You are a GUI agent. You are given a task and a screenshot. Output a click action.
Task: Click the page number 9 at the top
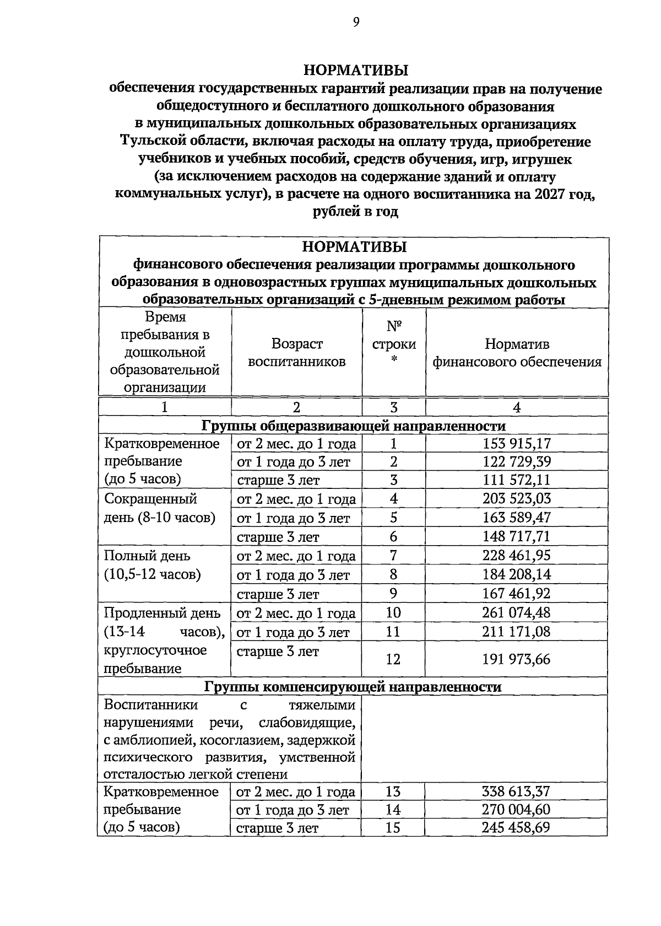[x=356, y=22]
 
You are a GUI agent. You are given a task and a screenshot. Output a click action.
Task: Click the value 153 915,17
[x=516, y=443]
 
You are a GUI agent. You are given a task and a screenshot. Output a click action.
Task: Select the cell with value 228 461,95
[x=516, y=555]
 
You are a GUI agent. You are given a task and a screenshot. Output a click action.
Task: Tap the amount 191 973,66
[x=516, y=659]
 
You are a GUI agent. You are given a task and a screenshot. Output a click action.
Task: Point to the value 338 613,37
[x=516, y=792]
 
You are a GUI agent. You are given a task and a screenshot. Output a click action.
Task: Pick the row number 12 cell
[x=393, y=659]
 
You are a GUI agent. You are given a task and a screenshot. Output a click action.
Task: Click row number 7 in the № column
[x=393, y=555]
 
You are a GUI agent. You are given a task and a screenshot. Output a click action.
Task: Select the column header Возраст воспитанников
[x=296, y=353]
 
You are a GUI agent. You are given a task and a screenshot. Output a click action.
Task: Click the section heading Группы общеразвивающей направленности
[x=353, y=426]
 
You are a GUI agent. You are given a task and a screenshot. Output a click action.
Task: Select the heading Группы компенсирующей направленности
[x=353, y=687]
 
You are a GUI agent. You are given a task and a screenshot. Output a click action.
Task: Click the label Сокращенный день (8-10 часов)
[x=159, y=508]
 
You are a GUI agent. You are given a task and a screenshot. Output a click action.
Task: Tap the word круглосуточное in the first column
[x=155, y=650]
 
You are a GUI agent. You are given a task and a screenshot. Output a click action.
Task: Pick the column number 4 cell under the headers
[x=516, y=407]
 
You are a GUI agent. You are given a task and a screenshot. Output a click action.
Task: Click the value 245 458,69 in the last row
[x=516, y=827]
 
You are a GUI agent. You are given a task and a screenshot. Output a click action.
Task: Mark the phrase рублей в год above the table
[x=355, y=212]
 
